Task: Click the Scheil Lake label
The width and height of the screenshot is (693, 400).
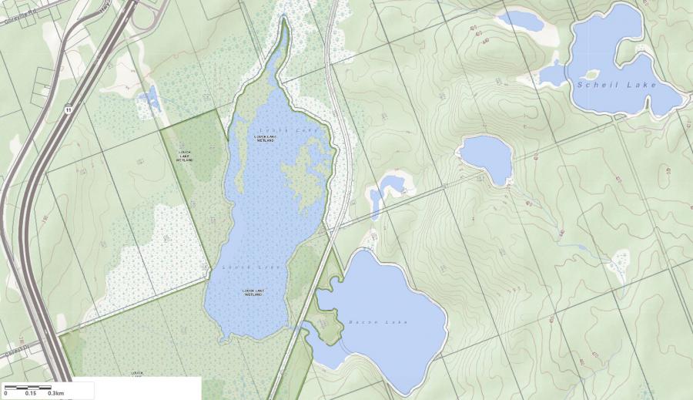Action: tap(617, 85)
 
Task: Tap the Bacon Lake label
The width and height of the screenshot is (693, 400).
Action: tap(377, 321)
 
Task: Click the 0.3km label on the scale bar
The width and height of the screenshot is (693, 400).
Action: tap(55, 393)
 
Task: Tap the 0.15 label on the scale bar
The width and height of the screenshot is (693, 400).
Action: tap(30, 393)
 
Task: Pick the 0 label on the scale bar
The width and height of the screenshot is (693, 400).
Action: tap(5, 393)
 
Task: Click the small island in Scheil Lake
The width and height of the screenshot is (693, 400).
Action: tap(592, 75)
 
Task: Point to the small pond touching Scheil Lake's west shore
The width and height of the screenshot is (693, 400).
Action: tap(552, 74)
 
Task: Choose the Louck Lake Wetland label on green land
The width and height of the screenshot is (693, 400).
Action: tap(185, 155)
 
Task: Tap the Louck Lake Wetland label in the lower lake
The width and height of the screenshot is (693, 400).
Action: tap(253, 292)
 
